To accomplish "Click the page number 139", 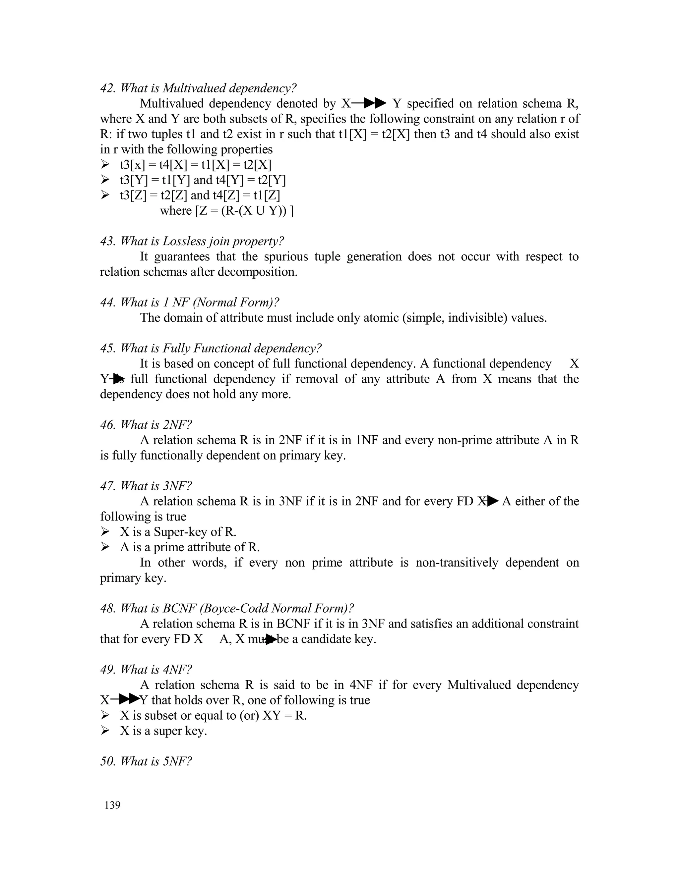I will click(112, 805).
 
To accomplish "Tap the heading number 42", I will click(108, 88).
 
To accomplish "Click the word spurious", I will click(287, 256).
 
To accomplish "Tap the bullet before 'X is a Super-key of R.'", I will click(105, 531).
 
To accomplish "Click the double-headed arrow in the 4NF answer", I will click(125, 699).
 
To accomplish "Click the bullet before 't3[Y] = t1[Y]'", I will click(105, 180).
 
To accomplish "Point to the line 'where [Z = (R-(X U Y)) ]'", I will click(226, 210).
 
